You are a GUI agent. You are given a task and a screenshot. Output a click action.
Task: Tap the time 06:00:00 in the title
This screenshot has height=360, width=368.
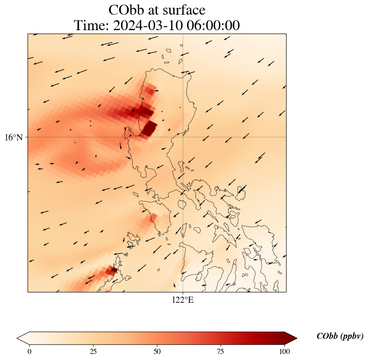(211, 26)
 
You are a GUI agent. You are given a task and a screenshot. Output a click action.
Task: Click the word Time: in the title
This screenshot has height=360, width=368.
(92, 26)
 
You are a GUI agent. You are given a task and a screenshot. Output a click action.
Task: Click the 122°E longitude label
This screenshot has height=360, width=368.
(183, 300)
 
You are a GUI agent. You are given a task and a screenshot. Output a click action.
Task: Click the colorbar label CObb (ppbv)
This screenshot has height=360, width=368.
(340, 336)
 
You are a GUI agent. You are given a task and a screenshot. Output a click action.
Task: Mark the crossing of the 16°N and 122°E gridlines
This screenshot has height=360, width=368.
(183, 137)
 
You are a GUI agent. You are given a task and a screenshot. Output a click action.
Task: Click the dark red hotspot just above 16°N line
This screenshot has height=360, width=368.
(150, 128)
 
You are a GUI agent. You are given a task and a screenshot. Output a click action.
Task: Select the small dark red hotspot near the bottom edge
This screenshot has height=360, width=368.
(110, 271)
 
